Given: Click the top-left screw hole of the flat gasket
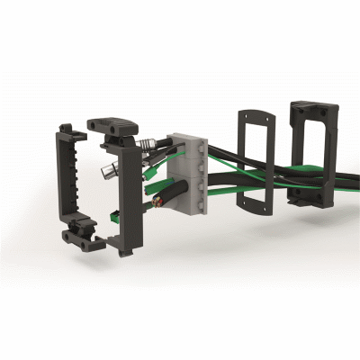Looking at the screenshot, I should (241, 115).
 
